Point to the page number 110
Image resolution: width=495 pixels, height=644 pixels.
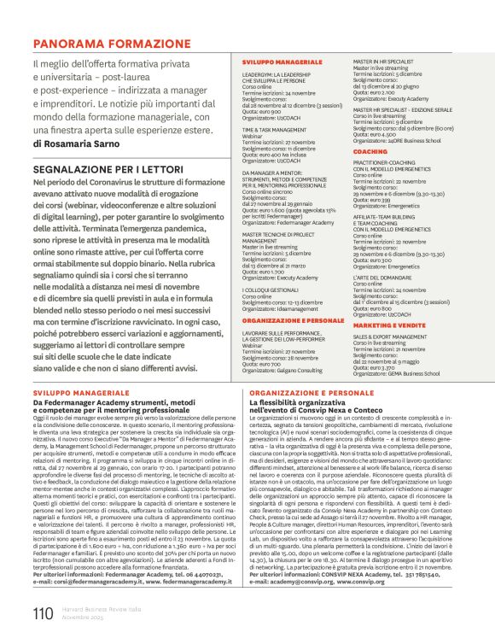(43, 612)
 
